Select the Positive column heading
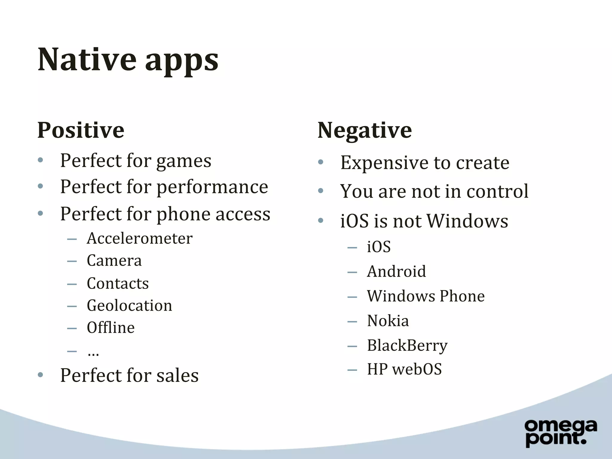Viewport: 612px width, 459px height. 81,130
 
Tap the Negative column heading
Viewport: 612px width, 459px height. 365,130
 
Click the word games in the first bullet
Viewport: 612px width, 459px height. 183,161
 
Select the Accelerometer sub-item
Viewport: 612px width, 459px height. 140,238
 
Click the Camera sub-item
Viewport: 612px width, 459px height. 114,261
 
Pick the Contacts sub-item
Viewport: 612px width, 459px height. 118,283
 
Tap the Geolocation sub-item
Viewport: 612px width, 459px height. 129,306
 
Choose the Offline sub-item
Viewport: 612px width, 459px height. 111,328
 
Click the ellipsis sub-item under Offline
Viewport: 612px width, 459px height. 93,353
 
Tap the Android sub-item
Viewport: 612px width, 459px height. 396,272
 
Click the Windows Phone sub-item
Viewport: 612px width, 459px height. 426,296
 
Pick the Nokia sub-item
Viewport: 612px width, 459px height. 388,321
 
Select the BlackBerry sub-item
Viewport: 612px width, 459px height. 407,346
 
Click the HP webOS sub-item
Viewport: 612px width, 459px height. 404,369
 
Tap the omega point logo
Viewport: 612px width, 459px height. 561,433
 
